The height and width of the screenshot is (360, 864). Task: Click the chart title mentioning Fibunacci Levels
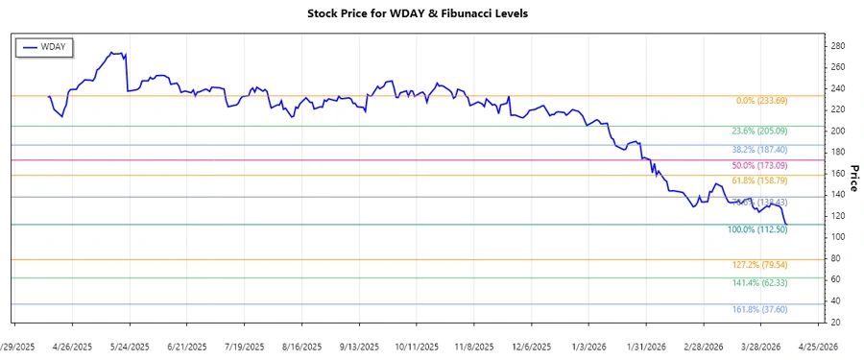click(x=431, y=13)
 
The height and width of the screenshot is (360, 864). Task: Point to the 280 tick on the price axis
click(x=838, y=46)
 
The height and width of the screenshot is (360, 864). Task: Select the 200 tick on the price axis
click(x=838, y=131)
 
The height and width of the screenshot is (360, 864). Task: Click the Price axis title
click(x=853, y=178)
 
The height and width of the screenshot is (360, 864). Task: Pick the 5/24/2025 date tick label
click(x=131, y=346)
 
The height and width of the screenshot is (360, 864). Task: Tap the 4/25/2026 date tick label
click(x=818, y=346)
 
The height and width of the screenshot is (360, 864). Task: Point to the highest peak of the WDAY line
click(x=113, y=53)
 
